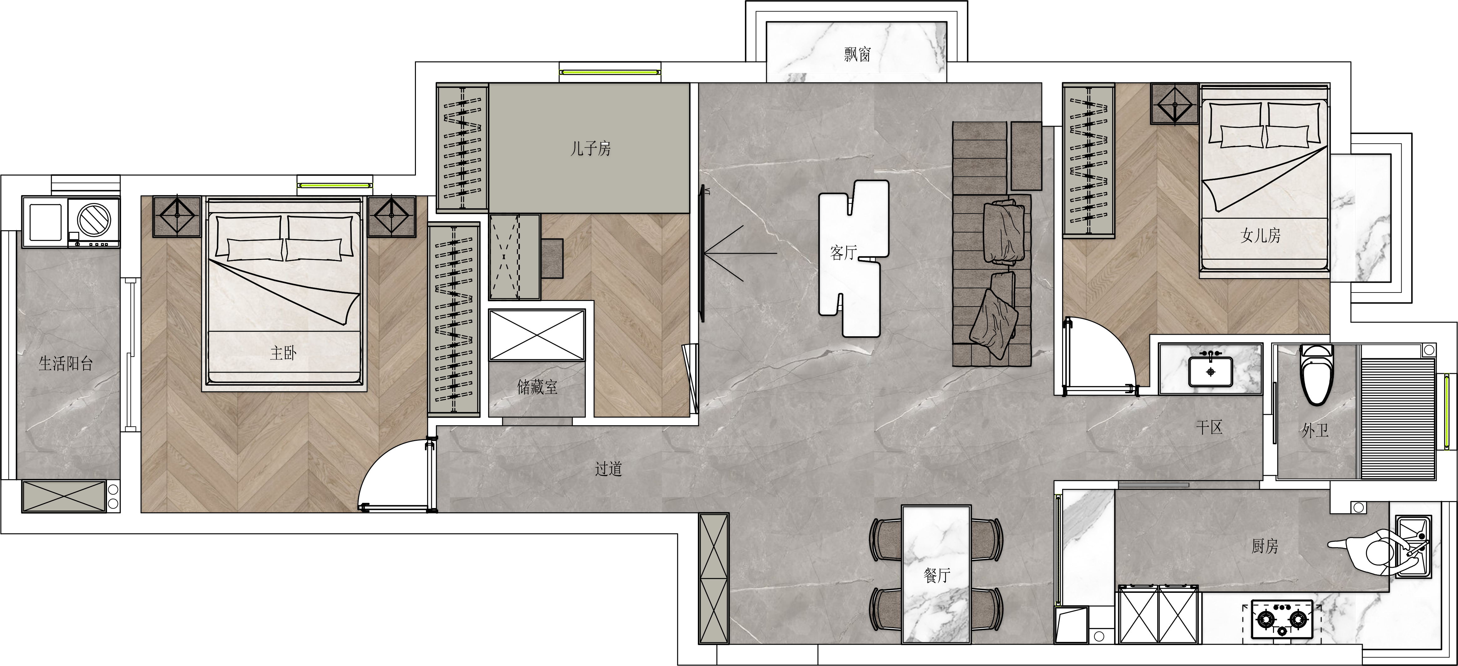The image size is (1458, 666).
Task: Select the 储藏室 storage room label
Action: pyautogui.click(x=537, y=387)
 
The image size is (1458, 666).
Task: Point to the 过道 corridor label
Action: pyautogui.click(x=608, y=469)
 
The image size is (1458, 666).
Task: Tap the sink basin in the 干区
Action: pyautogui.click(x=1210, y=371)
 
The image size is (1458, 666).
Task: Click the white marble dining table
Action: pyautogui.click(x=937, y=574)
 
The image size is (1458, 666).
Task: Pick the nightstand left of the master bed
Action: pyautogui.click(x=177, y=216)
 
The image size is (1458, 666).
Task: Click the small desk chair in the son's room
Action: pyautogui.click(x=552, y=258)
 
